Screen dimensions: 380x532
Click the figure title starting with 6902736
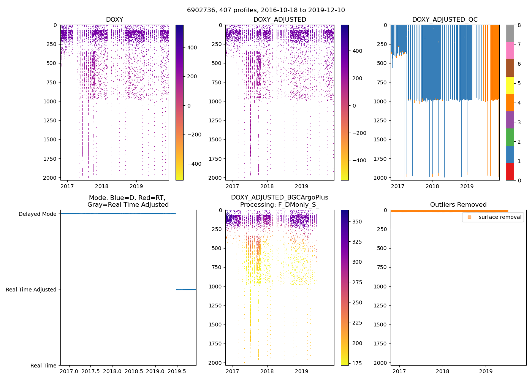tap(266, 10)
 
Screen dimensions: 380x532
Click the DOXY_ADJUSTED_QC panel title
tap(445, 20)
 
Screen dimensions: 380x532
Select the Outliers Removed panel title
tap(458, 205)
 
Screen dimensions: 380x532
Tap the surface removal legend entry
tap(500, 217)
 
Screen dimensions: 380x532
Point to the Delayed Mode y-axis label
tap(37, 214)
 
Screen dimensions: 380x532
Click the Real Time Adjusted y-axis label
tap(31, 290)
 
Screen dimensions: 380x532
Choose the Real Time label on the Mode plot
tap(43, 366)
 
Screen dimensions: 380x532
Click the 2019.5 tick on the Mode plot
tap(177, 371)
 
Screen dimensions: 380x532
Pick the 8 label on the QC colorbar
tap(519, 25)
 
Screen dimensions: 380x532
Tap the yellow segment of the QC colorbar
tap(510, 85)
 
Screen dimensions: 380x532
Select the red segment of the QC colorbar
tap(510, 172)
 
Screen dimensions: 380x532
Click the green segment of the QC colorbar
tap(510, 137)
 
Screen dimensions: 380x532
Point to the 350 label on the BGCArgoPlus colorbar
tap(357, 222)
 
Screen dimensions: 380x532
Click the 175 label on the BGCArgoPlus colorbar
tap(357, 363)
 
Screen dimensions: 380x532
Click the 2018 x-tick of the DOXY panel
tap(102, 186)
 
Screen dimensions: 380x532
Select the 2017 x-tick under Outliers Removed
tap(399, 371)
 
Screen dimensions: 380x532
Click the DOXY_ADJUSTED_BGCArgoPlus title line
tap(279, 198)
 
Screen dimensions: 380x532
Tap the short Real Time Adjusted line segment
tap(186, 290)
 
